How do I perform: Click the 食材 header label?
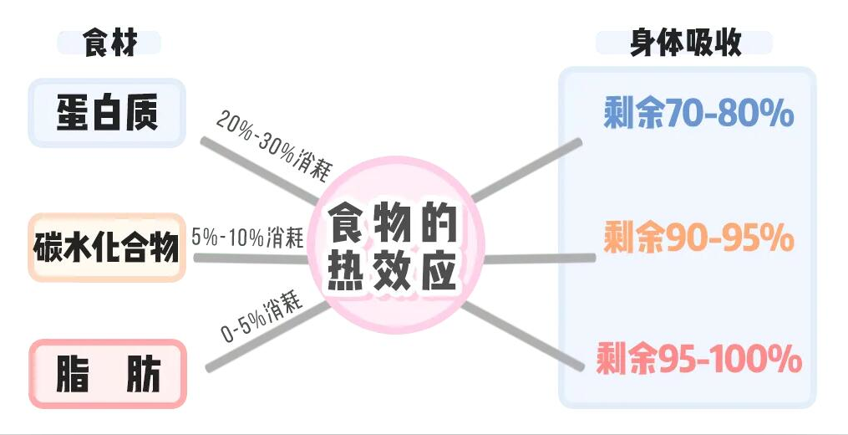(x=109, y=43)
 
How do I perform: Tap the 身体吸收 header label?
(x=684, y=43)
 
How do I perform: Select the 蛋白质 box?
(x=107, y=113)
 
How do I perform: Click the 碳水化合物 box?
(x=107, y=248)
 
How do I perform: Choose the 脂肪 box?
(x=108, y=374)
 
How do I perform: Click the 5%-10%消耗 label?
(x=247, y=238)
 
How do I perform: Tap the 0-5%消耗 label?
(x=261, y=318)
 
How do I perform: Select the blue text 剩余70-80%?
(x=698, y=113)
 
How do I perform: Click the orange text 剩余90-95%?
(x=698, y=238)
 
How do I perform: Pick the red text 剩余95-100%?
(x=698, y=359)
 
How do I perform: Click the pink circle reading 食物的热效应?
(x=395, y=245)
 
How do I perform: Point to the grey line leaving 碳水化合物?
(x=251, y=259)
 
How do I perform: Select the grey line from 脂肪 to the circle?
(x=268, y=336)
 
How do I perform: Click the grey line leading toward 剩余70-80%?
(x=526, y=170)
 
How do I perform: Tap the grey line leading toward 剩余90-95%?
(x=539, y=258)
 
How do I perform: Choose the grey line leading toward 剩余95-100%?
(x=523, y=335)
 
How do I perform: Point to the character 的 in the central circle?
(x=439, y=223)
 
